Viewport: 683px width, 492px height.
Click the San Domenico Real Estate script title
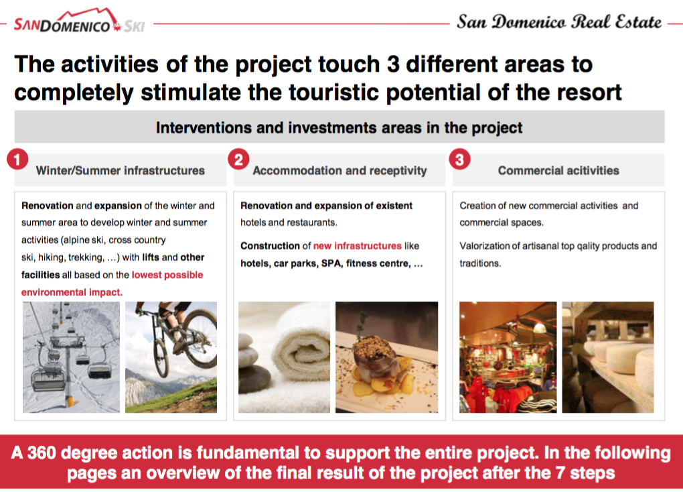(559, 22)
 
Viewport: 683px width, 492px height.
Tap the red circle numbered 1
(17, 160)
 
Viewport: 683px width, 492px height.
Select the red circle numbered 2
(238, 160)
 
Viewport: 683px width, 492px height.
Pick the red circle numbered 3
(459, 160)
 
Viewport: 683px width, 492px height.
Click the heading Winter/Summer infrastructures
(121, 170)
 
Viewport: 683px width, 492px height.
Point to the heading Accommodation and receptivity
(339, 170)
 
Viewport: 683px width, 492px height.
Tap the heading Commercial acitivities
(558, 170)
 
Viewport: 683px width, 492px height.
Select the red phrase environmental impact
(72, 292)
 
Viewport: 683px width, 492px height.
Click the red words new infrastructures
(357, 246)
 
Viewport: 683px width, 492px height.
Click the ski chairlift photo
(72, 357)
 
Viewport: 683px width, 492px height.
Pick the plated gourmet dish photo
(387, 357)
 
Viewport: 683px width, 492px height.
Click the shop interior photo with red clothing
(508, 357)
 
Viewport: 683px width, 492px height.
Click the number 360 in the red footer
(42, 453)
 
